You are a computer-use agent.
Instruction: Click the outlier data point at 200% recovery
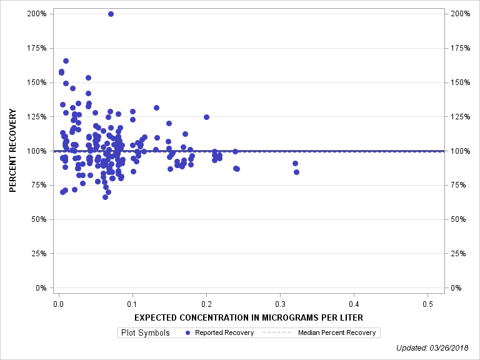tap(111, 14)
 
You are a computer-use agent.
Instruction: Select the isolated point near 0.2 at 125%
tap(206, 117)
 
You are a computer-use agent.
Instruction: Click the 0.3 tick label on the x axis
tap(280, 304)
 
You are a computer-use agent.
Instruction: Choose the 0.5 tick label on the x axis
tap(427, 304)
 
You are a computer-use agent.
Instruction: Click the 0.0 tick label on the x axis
tap(58, 304)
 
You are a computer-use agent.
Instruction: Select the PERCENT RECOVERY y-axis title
tap(12, 150)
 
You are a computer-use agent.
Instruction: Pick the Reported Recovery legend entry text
tap(224, 332)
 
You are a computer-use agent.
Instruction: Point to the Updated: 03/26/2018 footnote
tap(432, 347)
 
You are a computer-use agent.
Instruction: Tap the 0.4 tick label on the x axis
tap(354, 304)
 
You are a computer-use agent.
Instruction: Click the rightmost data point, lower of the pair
tap(296, 172)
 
